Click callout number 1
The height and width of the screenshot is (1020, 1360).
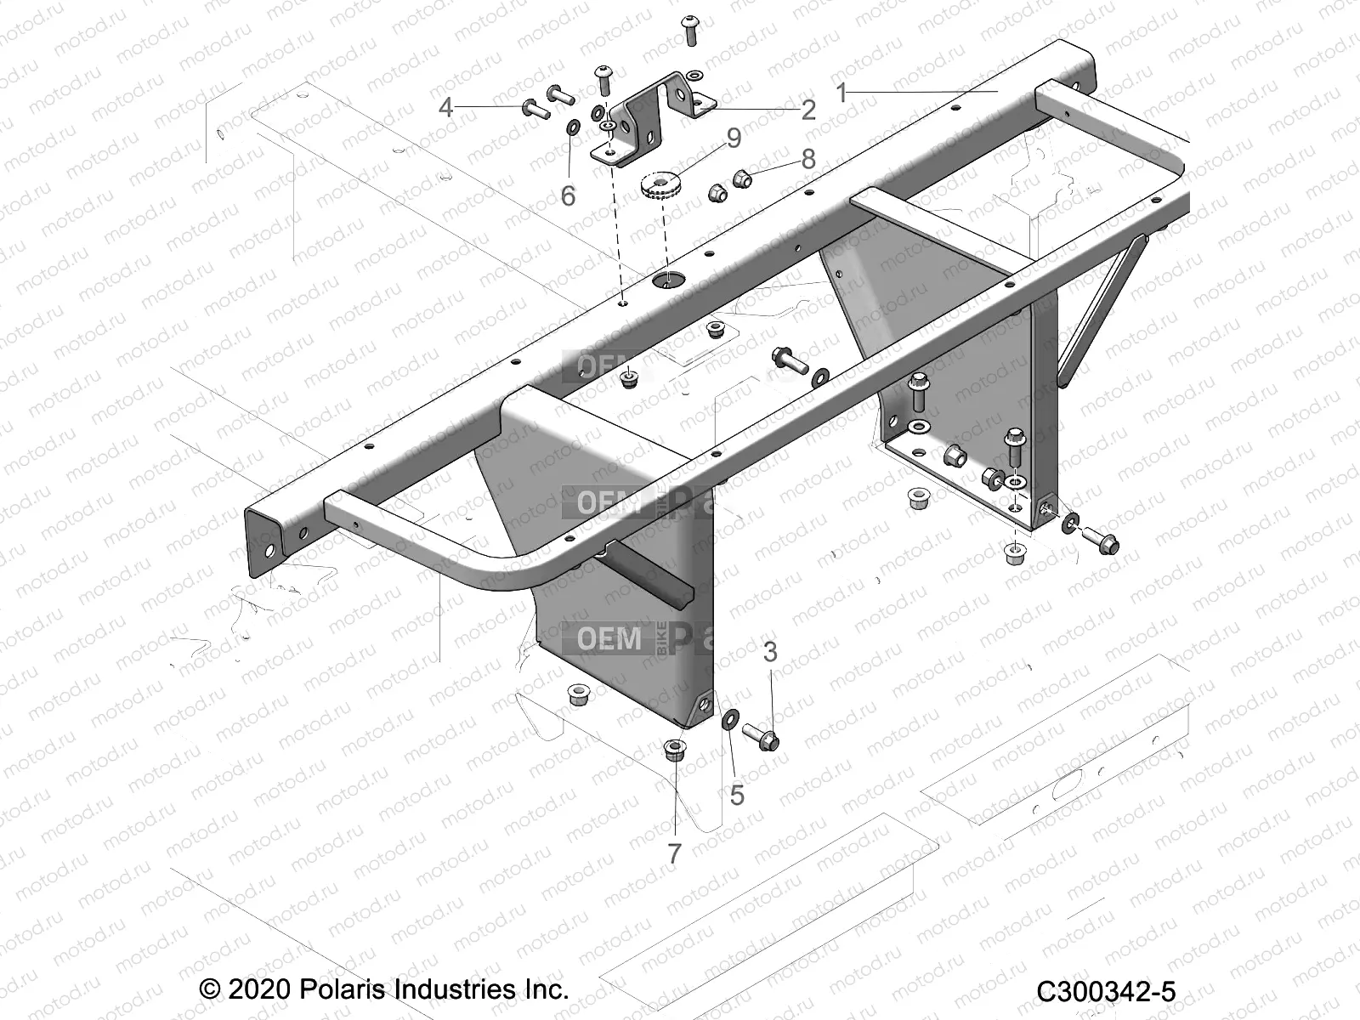point(841,93)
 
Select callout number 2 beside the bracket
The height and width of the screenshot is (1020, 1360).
point(808,110)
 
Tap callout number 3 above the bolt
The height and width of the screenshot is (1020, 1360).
point(770,652)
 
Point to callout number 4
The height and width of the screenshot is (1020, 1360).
point(446,108)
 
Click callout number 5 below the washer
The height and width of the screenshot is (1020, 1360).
point(737,795)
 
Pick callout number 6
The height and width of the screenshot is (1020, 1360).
point(568,196)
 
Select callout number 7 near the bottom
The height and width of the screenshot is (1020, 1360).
point(674,853)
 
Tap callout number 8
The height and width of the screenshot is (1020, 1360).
point(807,159)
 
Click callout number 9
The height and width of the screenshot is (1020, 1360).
point(734,138)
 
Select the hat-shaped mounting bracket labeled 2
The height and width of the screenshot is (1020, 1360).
point(654,119)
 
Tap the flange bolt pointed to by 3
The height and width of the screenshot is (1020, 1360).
point(761,734)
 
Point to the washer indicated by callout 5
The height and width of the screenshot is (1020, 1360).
point(729,721)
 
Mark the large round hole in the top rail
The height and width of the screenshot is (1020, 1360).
point(668,278)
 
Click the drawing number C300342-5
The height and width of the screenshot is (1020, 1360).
point(1105,992)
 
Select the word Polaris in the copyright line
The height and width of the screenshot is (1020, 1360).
point(343,989)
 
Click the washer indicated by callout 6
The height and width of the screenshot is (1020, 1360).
point(573,127)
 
